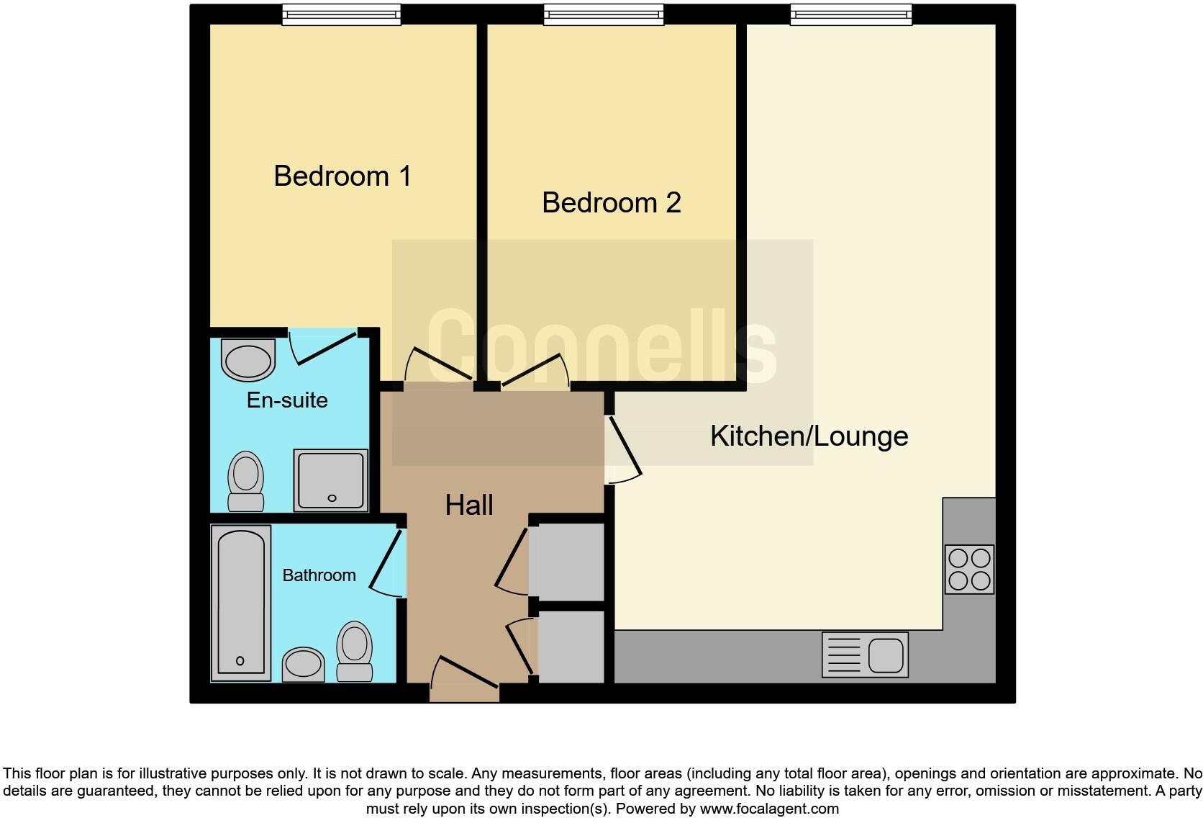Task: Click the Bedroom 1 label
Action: pos(342,176)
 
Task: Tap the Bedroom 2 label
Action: pos(611,202)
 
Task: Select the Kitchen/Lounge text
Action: pos(809,436)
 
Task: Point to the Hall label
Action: pos(469,505)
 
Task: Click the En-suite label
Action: pos(287,400)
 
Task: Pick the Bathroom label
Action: pos(319,575)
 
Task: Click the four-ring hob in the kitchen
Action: pos(969,569)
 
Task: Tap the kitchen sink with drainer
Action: pos(865,655)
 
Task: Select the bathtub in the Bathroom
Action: pos(241,602)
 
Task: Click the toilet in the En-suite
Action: pos(245,481)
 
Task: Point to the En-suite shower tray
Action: pos(331,480)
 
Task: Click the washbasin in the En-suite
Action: pos(248,361)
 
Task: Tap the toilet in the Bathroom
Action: pos(354,652)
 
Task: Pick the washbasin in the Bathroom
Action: pos(303,664)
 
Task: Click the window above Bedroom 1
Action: pos(341,14)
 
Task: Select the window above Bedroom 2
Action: pos(603,14)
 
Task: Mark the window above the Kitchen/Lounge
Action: pos(850,14)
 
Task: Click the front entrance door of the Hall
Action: pos(465,680)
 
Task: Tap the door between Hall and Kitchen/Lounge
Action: pos(623,449)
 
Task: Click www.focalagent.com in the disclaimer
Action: pos(769,809)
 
